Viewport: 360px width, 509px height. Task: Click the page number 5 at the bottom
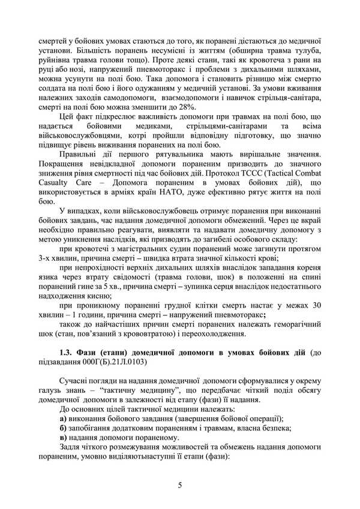point(180,484)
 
